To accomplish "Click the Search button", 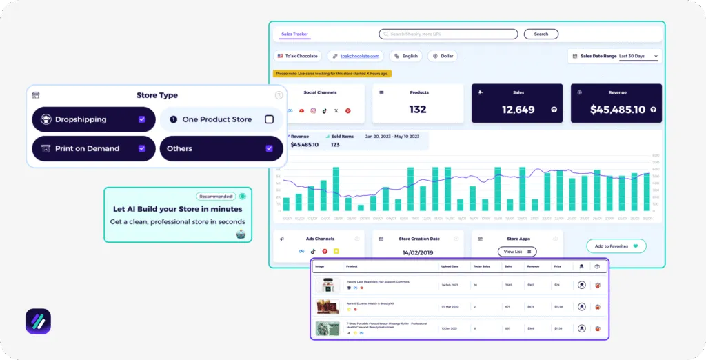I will point(541,34).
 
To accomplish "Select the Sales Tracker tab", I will point(294,34).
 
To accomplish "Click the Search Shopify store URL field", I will point(448,34).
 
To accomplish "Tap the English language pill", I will point(405,56).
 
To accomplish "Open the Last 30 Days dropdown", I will point(638,56).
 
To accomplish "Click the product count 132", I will point(418,109).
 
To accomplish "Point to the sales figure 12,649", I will point(518,109).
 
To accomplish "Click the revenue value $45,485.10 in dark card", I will point(618,109).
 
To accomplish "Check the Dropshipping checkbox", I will point(141,119).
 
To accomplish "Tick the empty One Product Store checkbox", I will point(269,119).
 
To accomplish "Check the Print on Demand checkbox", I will point(141,148).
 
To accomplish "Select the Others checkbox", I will point(269,148).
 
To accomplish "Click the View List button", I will point(517,252).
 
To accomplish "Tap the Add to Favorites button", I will point(616,246).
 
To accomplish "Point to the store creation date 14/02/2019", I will point(418,252).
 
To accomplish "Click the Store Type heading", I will point(157,95).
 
